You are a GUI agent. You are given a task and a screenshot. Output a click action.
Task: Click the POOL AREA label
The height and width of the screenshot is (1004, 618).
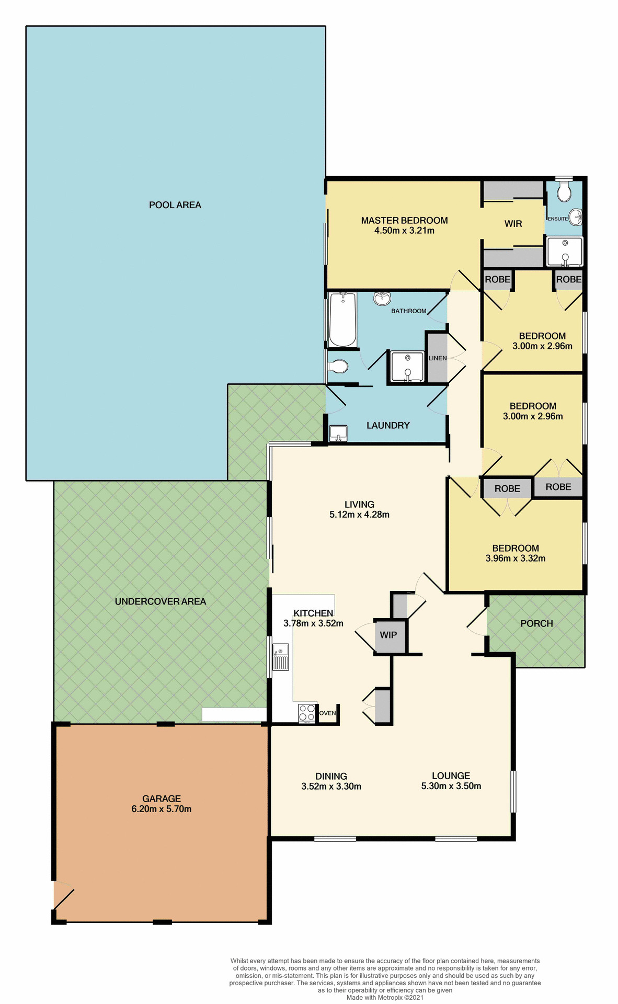(175, 205)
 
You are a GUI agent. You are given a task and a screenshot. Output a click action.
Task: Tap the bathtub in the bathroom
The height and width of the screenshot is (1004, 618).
(342, 320)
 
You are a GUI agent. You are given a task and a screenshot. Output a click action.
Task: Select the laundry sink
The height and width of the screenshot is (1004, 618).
(338, 433)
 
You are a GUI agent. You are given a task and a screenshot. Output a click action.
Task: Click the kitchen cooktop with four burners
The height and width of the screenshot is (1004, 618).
(307, 713)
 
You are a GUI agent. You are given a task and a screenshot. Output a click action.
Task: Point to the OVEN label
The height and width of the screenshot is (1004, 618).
(327, 713)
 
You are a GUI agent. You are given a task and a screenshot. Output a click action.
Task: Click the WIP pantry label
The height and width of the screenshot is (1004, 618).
(388, 635)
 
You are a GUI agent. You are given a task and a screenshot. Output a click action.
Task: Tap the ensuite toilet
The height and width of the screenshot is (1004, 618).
(564, 192)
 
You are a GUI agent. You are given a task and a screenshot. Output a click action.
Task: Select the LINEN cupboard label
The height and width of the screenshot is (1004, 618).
(437, 358)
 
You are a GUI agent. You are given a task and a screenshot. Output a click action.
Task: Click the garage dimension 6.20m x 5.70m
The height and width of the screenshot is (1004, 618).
(161, 809)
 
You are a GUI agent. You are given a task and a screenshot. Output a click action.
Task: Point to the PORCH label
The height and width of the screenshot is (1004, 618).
(536, 623)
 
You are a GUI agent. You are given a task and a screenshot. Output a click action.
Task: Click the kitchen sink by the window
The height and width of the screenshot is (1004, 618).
(281, 657)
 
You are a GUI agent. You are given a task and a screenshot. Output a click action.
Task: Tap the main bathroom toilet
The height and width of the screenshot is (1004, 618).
(338, 367)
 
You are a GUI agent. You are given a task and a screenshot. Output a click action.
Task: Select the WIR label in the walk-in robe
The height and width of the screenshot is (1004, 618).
(513, 224)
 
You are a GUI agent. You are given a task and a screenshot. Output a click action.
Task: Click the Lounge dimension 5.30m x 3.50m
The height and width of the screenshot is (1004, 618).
(451, 786)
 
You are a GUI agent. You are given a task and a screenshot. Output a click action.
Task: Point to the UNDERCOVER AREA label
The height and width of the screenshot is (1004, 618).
(160, 601)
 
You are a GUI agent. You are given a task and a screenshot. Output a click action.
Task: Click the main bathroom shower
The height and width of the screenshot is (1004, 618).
(407, 367)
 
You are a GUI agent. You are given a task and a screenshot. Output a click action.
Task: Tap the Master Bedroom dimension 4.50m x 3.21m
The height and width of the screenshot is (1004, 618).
(404, 231)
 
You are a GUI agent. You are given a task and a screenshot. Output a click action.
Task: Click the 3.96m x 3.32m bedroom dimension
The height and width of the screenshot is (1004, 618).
(515, 558)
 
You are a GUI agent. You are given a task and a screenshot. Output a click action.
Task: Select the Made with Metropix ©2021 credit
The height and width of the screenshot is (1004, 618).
(385, 997)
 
